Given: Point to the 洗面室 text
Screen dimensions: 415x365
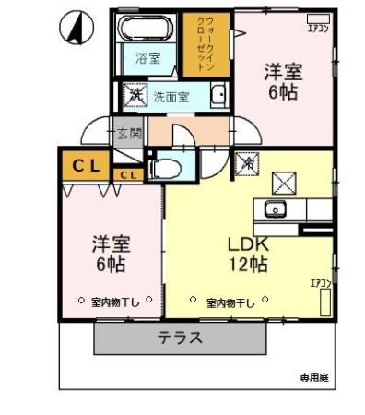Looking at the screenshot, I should click(171, 95).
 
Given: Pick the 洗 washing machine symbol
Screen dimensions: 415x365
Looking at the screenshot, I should click(135, 94).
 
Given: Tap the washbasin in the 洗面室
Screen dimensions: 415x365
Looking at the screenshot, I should click(218, 95).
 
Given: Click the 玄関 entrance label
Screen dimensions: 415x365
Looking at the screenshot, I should click(129, 132).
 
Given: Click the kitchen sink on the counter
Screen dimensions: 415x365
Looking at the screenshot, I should click(275, 207).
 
